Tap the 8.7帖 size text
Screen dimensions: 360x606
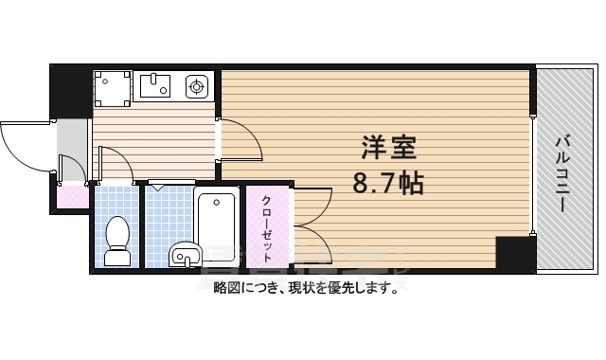point(388,183)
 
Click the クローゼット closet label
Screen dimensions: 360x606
point(268,227)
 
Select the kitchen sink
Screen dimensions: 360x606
point(156,88)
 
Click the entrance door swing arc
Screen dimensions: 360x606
point(24,147)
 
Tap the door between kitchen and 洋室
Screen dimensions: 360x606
point(242,140)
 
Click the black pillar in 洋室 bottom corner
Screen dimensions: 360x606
point(514,253)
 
